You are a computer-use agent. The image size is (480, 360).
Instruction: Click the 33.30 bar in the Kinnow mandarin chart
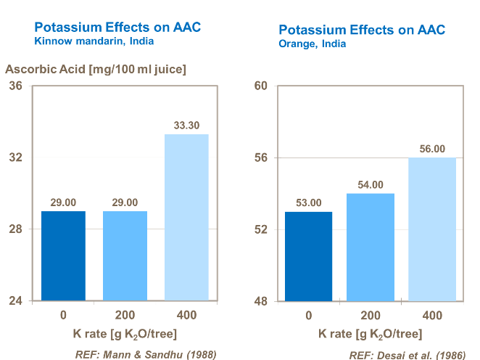pyautogui.click(x=186, y=217)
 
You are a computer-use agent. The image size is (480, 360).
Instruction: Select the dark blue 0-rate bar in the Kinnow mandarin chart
pyautogui.click(x=63, y=255)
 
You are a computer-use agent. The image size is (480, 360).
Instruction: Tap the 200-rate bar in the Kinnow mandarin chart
pyautogui.click(x=125, y=255)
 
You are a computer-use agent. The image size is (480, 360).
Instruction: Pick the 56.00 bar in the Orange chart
pyautogui.click(x=432, y=229)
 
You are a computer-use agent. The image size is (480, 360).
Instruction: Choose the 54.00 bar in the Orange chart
pyautogui.click(x=371, y=247)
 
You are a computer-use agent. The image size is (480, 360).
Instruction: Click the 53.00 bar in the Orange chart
pyautogui.click(x=309, y=256)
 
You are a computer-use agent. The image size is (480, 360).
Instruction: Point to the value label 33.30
pyautogui.click(x=186, y=126)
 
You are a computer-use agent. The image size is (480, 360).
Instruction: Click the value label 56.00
pyautogui.click(x=432, y=149)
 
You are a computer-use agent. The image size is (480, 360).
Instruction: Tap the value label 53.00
pyautogui.click(x=309, y=202)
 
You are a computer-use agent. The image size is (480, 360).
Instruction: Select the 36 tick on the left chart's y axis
pyautogui.click(x=15, y=86)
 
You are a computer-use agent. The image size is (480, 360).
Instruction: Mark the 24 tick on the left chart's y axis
pyautogui.click(x=15, y=301)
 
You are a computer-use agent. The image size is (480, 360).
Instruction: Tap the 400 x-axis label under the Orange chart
pyautogui.click(x=432, y=316)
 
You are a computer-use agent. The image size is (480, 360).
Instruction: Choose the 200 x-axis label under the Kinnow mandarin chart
pyautogui.click(x=125, y=316)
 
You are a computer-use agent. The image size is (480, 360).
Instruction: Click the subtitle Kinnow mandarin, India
pyautogui.click(x=94, y=41)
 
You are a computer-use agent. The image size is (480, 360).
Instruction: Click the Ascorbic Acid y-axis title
pyautogui.click(x=96, y=70)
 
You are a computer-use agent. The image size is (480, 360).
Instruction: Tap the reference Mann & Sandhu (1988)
pyautogui.click(x=146, y=354)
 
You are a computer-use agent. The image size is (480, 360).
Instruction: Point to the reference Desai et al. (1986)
pyautogui.click(x=407, y=355)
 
